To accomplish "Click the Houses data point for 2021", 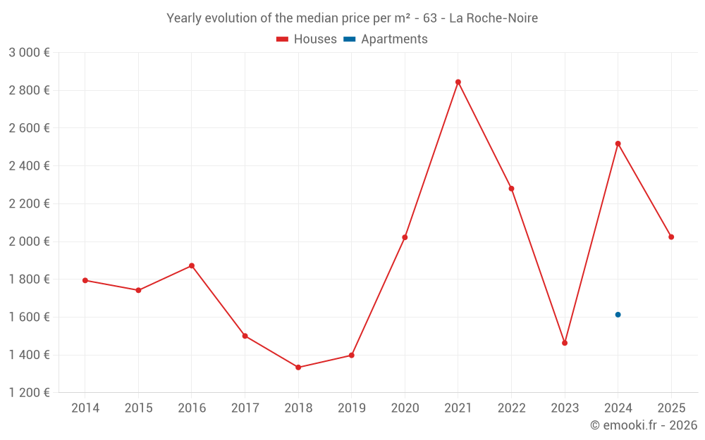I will tap(458, 82).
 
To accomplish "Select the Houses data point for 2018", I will tap(298, 367).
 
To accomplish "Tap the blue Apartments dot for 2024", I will tap(618, 315).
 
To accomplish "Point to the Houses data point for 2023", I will tap(565, 343).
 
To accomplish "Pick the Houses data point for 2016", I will tap(192, 265).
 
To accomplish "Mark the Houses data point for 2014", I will tap(85, 280).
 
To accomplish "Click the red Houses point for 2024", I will tap(618, 144).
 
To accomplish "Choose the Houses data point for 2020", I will tap(405, 237).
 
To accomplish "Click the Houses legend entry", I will tap(307, 39).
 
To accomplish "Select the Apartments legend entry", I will tap(386, 39).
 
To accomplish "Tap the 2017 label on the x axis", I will tap(245, 408).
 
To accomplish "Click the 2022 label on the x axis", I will tap(511, 408).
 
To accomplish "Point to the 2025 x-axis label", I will tap(671, 408).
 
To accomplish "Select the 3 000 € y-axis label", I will tap(29, 53).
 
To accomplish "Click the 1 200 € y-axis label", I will tap(29, 393).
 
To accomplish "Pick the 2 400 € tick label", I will tap(29, 166).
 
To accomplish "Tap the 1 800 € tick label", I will tap(29, 279).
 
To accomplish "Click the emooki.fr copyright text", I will tap(644, 425).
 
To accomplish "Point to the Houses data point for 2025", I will tap(671, 237).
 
